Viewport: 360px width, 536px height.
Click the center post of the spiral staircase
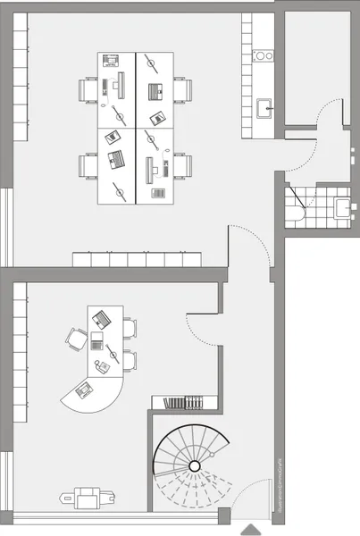point(194,466)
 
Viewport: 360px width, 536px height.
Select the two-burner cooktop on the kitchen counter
point(264,55)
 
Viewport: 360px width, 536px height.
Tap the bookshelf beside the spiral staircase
point(186,403)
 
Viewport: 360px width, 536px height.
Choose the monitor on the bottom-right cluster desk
point(149,167)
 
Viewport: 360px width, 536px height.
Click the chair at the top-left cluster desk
point(88,90)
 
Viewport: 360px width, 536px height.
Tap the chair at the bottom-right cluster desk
point(182,166)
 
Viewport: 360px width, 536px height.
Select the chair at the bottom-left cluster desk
point(88,166)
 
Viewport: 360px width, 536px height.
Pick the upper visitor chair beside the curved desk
point(130,328)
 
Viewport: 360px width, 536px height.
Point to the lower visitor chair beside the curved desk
point(130,361)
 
